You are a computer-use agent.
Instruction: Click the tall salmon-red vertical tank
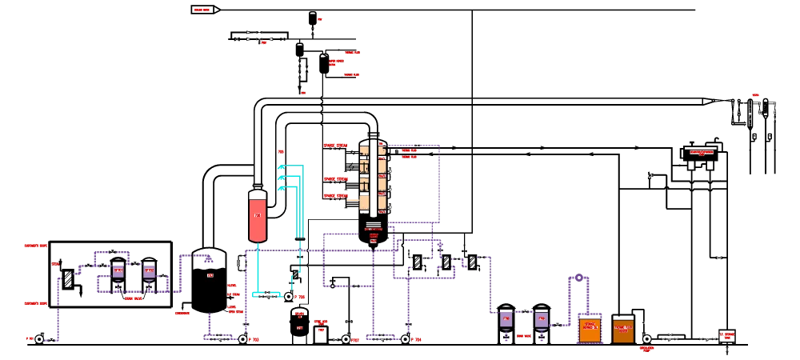(258, 219)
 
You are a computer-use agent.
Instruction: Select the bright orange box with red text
(590, 330)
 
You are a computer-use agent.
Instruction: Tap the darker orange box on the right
(623, 330)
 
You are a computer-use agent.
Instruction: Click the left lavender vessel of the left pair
(118, 271)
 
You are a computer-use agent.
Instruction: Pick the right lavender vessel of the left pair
(149, 271)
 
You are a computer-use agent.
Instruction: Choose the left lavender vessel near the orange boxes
(506, 319)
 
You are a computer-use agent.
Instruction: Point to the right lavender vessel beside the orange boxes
(541, 319)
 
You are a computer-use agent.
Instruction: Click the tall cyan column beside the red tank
(300, 200)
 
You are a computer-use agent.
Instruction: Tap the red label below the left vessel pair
(134, 298)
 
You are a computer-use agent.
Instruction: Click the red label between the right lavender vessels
(524, 336)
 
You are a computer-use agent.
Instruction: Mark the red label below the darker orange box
(646, 349)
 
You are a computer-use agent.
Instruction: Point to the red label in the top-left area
(202, 10)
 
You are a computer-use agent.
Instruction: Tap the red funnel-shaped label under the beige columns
(374, 234)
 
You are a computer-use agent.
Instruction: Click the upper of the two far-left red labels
(34, 246)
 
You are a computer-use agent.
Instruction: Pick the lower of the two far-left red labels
(34, 303)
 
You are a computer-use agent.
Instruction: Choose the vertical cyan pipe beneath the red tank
(258, 268)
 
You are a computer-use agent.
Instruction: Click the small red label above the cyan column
(281, 150)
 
